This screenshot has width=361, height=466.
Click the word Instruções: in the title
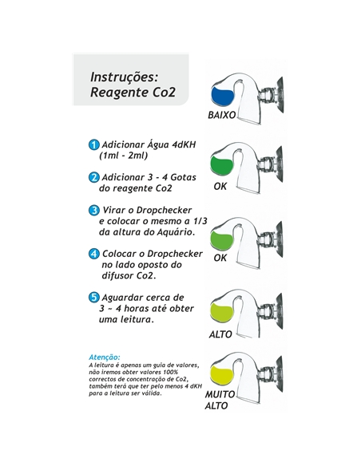coord(124,79)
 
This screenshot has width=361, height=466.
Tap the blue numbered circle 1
coord(93,145)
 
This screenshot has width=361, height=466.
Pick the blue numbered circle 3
coord(93,211)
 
